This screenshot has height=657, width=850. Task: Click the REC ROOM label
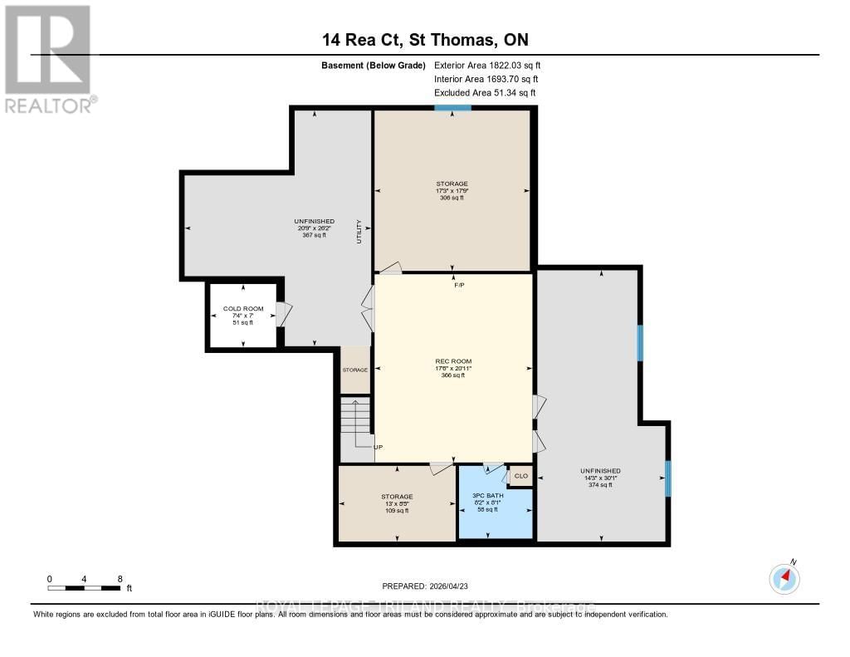pos(453,361)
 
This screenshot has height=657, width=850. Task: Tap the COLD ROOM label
pos(242,309)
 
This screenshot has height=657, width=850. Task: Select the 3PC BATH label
pos(482,495)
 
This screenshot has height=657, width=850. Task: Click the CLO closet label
pos(520,476)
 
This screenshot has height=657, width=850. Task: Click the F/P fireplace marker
pos(459,286)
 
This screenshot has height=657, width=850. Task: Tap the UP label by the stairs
pos(378,446)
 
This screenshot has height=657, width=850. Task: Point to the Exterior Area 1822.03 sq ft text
pos(487,65)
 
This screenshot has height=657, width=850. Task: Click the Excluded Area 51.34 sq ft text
pos(485,93)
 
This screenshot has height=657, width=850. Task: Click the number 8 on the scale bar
pos(120,578)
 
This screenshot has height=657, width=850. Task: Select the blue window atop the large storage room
pos(452,108)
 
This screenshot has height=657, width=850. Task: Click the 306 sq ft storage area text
pos(452,198)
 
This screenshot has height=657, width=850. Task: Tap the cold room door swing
pos(284,314)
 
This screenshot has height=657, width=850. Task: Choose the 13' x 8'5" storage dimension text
pos(396,503)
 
